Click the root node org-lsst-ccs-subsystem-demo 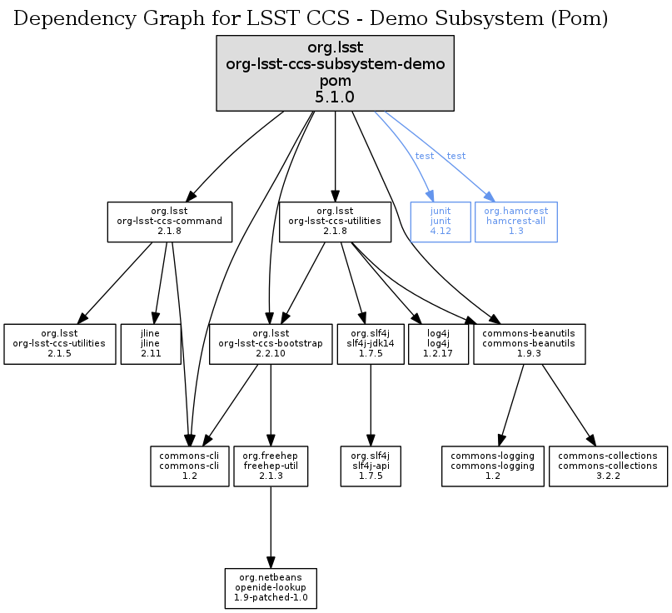[x=335, y=73]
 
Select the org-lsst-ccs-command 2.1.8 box [x=169, y=222]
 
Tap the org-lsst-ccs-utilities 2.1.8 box [x=335, y=222]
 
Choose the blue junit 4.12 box [x=440, y=222]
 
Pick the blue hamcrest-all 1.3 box [x=515, y=222]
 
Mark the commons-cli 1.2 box [x=190, y=466]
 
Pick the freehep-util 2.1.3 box [x=270, y=466]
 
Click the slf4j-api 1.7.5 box [x=370, y=466]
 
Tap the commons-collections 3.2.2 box [x=607, y=466]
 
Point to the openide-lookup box [x=271, y=588]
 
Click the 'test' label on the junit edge [x=425, y=157]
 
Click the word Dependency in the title [x=65, y=17]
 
